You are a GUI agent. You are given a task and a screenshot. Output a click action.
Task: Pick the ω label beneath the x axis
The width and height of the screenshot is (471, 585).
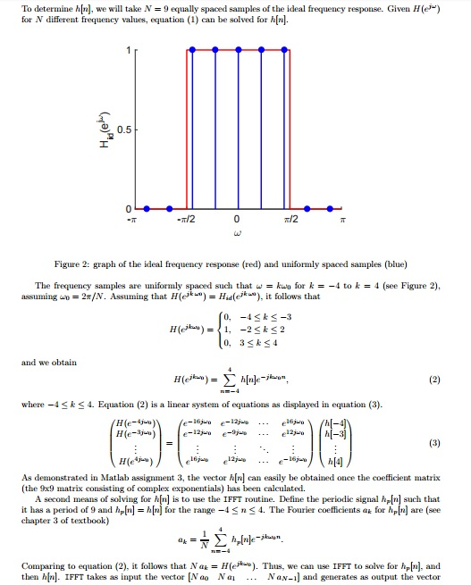point(237,236)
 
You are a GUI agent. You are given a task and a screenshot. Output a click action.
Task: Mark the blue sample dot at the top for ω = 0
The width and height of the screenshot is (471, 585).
point(237,52)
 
